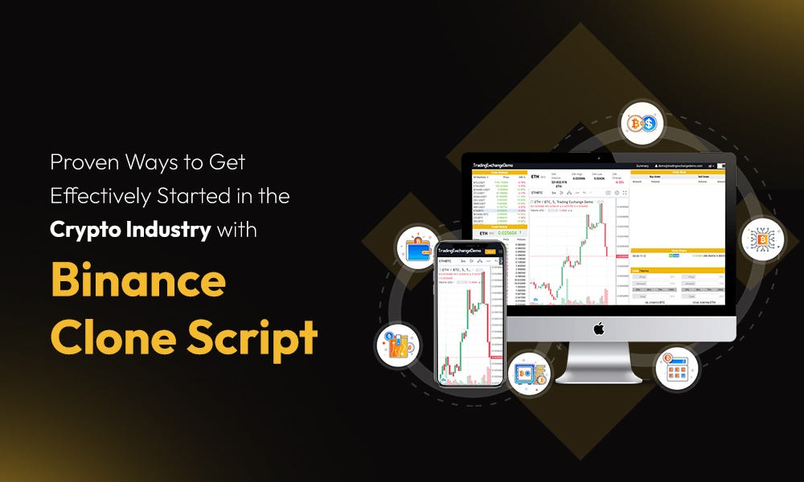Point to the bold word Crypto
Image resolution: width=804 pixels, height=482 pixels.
[84, 229]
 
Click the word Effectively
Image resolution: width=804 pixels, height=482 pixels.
[93, 195]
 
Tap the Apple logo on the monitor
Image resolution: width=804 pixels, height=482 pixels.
[598, 328]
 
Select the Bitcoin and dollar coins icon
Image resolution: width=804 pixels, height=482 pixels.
[642, 124]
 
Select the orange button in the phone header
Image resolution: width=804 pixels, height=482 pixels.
[490, 251]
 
